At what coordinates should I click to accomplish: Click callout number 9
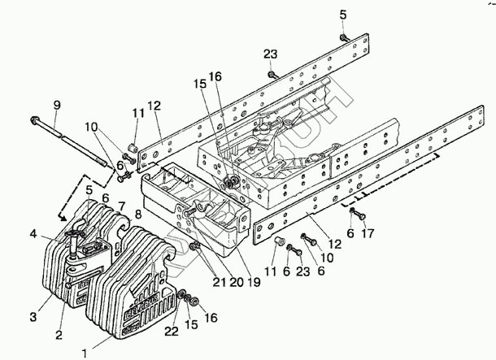pyautogui.click(x=56, y=105)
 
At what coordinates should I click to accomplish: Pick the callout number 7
pyautogui.click(x=120, y=206)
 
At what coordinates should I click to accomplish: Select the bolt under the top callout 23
pyautogui.click(x=272, y=75)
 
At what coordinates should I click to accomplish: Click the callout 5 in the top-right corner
pyautogui.click(x=342, y=14)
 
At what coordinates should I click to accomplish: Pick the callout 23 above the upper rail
pyautogui.click(x=270, y=54)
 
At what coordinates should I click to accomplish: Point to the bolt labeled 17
pyautogui.click(x=354, y=214)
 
